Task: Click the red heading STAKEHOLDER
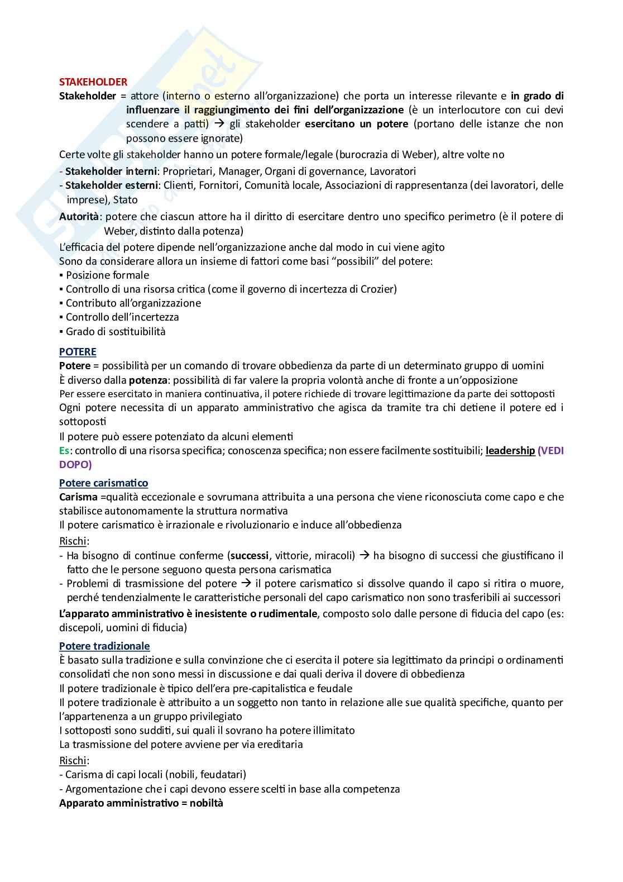[x=93, y=82]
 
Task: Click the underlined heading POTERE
[x=78, y=351]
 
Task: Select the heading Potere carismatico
[x=103, y=483]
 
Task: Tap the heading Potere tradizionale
[x=104, y=646]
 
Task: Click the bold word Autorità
[x=79, y=216]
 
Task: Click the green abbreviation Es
[x=65, y=450]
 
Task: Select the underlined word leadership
[x=510, y=450]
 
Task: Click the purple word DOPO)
[x=75, y=464]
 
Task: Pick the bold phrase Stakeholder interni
[x=111, y=171]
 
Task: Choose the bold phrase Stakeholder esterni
[x=112, y=185]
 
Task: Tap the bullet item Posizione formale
[x=107, y=275]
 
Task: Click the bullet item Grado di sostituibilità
[x=116, y=331]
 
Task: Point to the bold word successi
[x=249, y=555]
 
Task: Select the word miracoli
[x=333, y=555]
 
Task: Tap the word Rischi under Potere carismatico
[x=73, y=541]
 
